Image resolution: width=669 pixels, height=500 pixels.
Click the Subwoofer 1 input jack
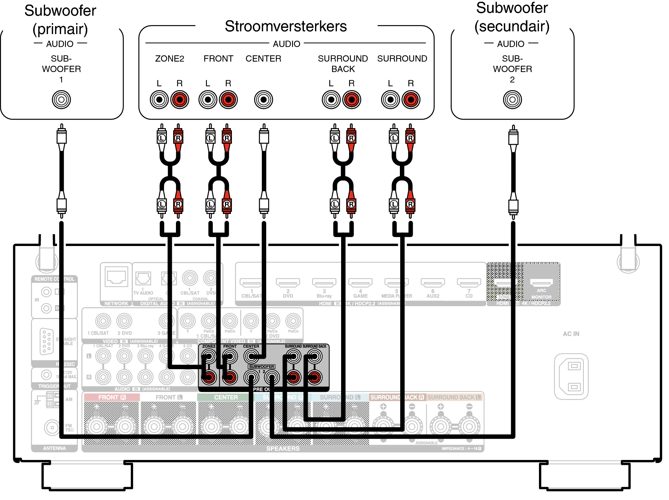tap(61, 100)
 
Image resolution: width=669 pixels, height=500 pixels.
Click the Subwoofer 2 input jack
tap(512, 100)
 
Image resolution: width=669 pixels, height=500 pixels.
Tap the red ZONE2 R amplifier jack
tap(179, 100)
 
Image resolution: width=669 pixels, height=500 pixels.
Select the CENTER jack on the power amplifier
tap(263, 100)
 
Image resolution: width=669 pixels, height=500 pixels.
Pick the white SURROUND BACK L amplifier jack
tap(331, 100)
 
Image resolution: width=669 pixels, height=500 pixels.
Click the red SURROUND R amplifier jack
tap(411, 100)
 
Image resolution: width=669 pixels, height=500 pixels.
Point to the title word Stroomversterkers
tap(285, 26)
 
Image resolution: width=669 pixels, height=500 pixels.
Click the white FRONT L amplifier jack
tap(208, 100)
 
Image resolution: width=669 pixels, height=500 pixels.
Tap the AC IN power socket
tap(571, 376)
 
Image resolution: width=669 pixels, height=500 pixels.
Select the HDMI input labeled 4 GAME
tap(360, 282)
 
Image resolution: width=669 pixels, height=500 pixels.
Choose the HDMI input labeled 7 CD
tap(469, 282)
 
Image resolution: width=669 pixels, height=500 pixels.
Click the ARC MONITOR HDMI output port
tap(541, 282)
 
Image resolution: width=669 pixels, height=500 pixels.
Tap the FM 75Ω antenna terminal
tap(52, 427)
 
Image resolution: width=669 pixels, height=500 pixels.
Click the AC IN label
tap(571, 334)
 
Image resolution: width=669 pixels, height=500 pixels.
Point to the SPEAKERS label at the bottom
tap(283, 449)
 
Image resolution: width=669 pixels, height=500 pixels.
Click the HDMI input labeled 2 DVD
tap(288, 282)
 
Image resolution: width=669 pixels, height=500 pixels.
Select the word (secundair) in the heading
tap(512, 26)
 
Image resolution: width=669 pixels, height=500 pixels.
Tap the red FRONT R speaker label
tap(112, 397)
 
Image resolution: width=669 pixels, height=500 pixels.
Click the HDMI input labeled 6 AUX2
tap(433, 282)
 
